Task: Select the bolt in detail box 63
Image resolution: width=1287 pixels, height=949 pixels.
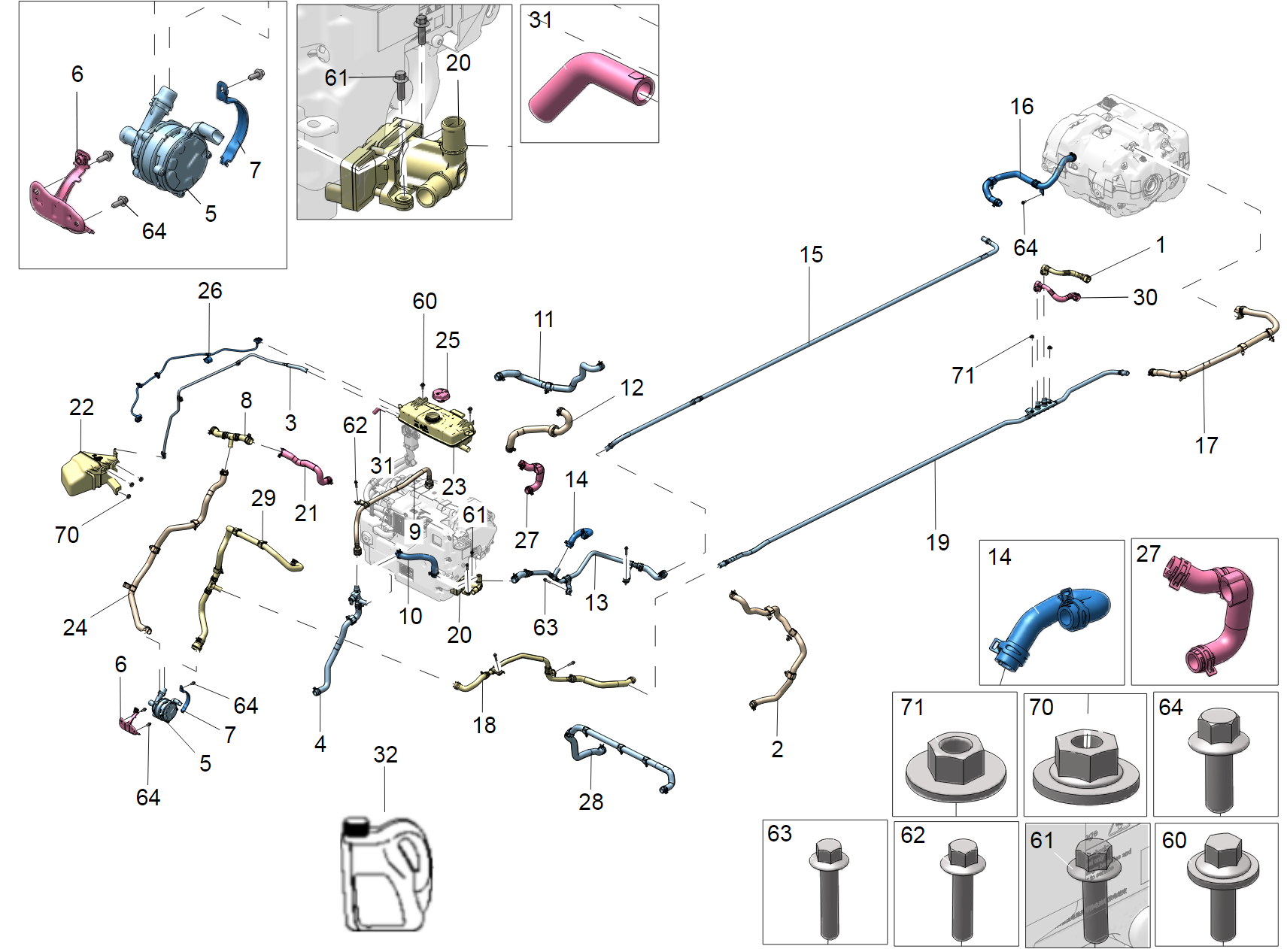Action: (x=827, y=887)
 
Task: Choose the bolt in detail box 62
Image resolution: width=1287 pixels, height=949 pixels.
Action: (x=961, y=887)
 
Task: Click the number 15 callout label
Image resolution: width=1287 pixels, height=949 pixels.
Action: (x=811, y=255)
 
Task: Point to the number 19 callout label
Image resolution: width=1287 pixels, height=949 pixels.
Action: (x=937, y=542)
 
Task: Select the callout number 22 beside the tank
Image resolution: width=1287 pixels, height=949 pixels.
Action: (x=81, y=408)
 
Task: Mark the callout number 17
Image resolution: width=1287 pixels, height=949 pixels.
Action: (x=1206, y=445)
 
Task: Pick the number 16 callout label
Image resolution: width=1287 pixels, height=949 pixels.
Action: (x=1021, y=107)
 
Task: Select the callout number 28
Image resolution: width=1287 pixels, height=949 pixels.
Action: (x=590, y=802)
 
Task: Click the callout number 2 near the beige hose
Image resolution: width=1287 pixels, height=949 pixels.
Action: (x=777, y=749)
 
